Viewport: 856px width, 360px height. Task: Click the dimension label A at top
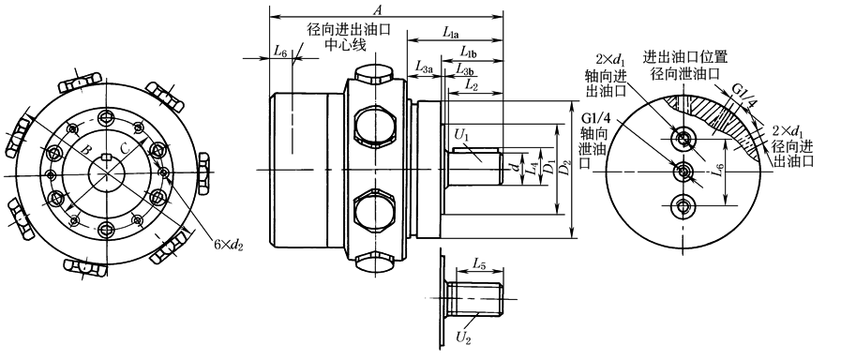(x=377, y=9)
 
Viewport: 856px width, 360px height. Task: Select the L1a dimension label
(x=451, y=33)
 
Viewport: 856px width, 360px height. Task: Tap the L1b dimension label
(x=469, y=53)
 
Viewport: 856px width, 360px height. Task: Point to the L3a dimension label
(x=424, y=67)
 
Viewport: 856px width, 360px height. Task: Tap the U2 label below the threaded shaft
(x=463, y=337)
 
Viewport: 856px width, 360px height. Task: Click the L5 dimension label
(x=479, y=264)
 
